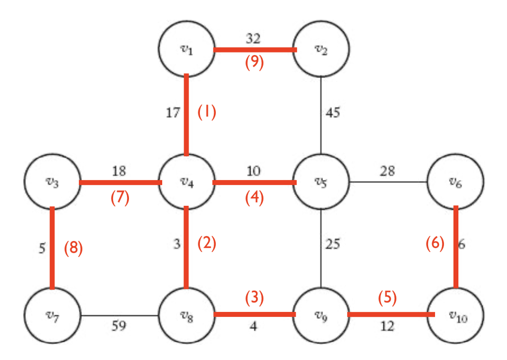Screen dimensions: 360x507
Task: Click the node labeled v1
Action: click(186, 49)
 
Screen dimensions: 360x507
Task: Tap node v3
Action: click(53, 181)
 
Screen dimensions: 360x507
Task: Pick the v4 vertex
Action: click(186, 181)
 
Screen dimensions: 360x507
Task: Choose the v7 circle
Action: click(53, 315)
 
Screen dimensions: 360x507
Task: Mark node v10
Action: click(456, 315)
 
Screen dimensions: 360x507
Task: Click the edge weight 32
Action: click(253, 38)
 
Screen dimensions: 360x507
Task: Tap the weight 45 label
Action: click(333, 113)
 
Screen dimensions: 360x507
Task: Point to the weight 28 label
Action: click(388, 171)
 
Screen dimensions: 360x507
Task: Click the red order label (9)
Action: click(254, 63)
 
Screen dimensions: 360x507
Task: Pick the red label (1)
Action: click(207, 113)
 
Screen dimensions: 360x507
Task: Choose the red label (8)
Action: click(73, 247)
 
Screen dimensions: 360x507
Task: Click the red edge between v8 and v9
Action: click(254, 314)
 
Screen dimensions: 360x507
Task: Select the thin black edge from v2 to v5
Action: click(321, 114)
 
